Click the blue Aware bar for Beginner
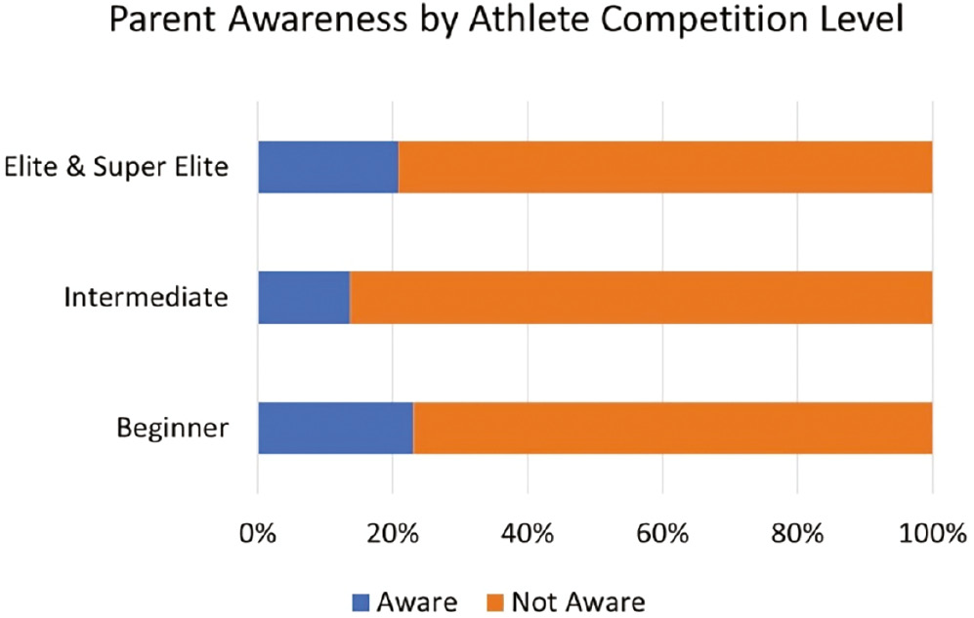(x=335, y=428)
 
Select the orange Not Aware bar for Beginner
(x=672, y=428)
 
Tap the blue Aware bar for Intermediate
(x=303, y=297)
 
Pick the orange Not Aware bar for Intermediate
(x=641, y=297)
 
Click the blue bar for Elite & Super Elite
(x=327, y=167)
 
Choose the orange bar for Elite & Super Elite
(x=664, y=167)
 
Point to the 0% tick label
(x=258, y=534)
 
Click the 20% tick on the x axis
(x=393, y=534)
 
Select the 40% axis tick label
(x=528, y=534)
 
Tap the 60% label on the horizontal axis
(x=663, y=534)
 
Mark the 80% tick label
(x=798, y=534)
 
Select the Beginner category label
(x=173, y=428)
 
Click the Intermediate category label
(x=146, y=297)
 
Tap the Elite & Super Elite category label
(x=116, y=167)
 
